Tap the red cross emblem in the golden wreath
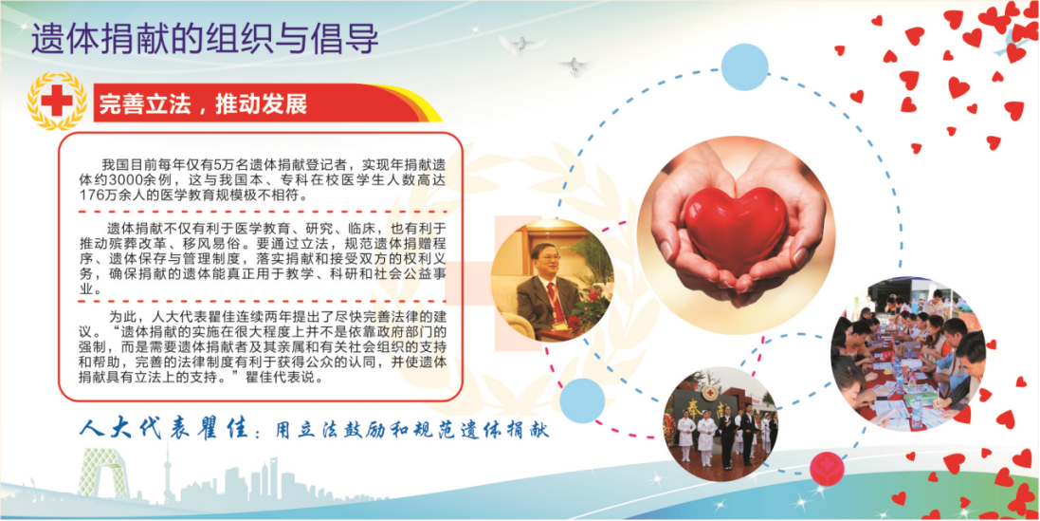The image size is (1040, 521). (56, 101)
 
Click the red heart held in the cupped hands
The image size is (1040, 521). (737, 230)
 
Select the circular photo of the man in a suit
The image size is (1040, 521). (552, 280)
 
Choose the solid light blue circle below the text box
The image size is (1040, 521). (582, 400)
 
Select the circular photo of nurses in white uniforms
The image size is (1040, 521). (721, 423)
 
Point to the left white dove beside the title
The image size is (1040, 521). (522, 44)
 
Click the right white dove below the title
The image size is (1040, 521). (574, 65)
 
